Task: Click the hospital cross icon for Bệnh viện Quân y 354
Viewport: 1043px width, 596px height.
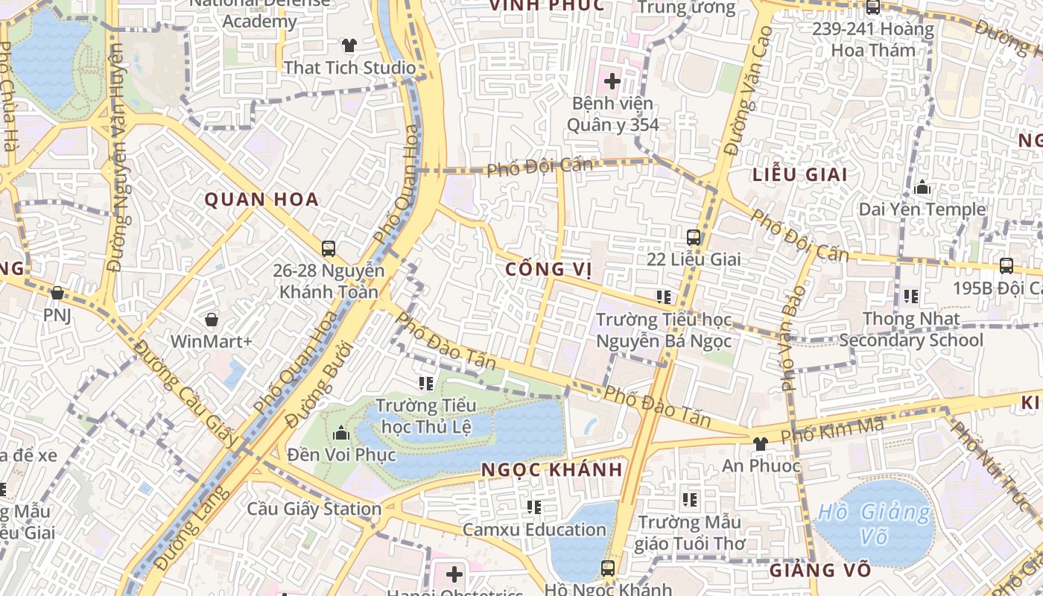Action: (x=612, y=80)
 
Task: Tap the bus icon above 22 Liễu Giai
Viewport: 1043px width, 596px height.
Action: (x=694, y=238)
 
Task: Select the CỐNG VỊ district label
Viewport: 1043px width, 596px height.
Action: (x=549, y=269)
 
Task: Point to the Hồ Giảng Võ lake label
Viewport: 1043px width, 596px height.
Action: (x=875, y=524)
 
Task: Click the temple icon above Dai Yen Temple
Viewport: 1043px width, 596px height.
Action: (x=922, y=188)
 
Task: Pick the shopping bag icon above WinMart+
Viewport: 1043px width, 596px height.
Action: (x=212, y=320)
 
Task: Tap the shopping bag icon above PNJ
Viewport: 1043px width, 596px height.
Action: (x=57, y=293)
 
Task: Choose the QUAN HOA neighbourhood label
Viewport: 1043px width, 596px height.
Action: (x=261, y=199)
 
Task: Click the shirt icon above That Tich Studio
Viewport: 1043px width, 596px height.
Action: (x=349, y=45)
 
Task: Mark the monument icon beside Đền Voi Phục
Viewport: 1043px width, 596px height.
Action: (x=341, y=433)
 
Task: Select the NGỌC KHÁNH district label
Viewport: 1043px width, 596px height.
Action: (x=551, y=469)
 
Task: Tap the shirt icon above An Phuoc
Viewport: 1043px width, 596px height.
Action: (x=760, y=444)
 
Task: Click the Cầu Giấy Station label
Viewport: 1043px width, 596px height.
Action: (x=314, y=510)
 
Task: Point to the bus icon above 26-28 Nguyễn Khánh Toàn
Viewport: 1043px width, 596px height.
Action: (x=329, y=249)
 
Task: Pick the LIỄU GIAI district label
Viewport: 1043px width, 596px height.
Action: (x=800, y=174)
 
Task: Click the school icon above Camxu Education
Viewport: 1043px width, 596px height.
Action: (x=534, y=507)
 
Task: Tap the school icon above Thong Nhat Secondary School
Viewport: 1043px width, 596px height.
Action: (x=911, y=297)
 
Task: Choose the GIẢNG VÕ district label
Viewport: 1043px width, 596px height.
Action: (x=819, y=571)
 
